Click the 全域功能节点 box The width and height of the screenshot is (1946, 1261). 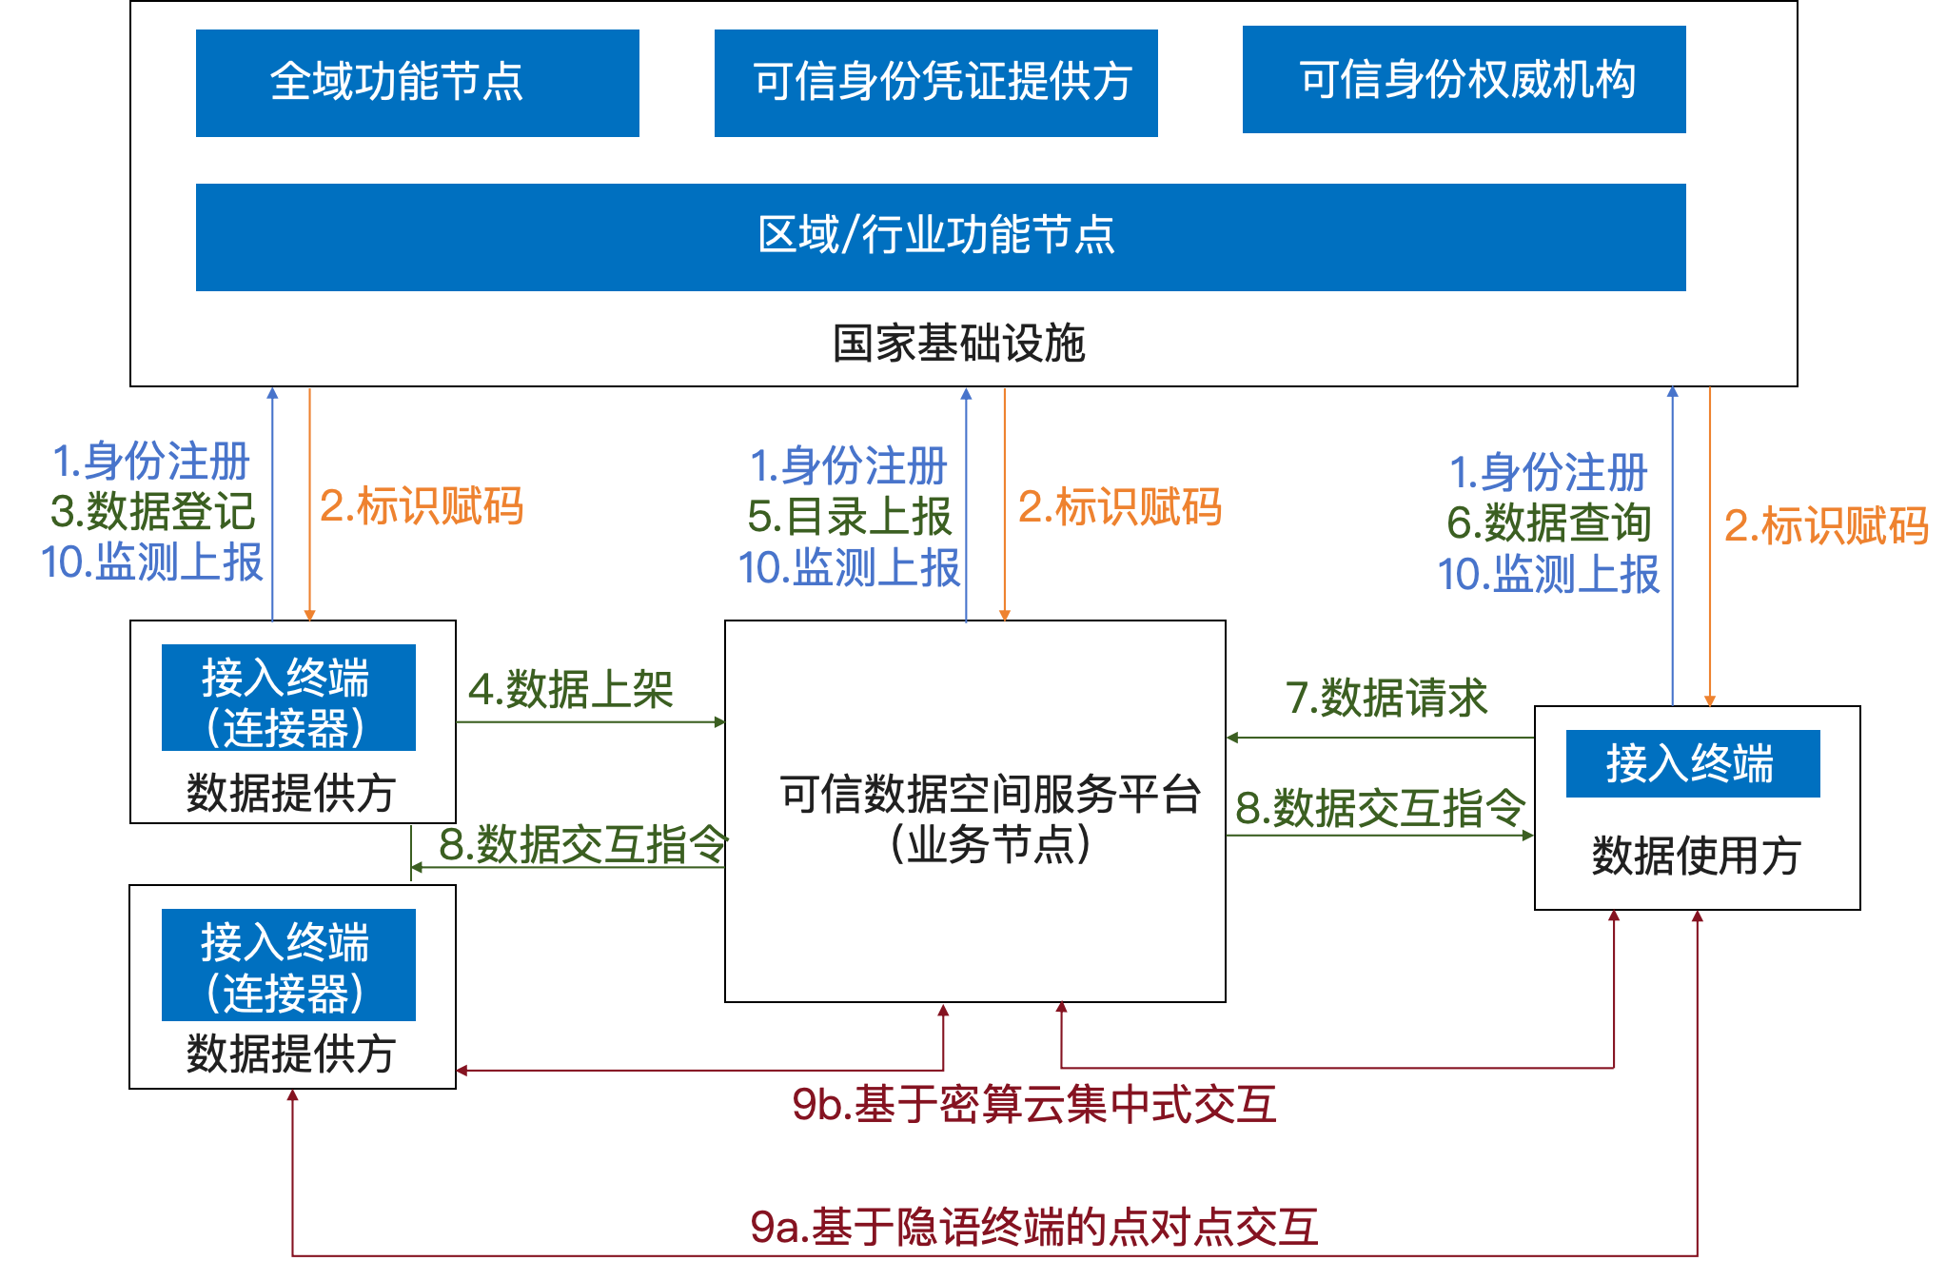(x=417, y=83)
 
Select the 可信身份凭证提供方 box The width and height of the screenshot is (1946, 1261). (x=935, y=83)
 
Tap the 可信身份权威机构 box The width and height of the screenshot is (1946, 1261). (x=1464, y=80)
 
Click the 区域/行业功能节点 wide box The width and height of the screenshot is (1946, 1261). (x=940, y=237)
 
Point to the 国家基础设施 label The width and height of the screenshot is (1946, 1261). (x=958, y=344)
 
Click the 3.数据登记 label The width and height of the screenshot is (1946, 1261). (x=153, y=511)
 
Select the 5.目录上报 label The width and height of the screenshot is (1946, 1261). (x=850, y=517)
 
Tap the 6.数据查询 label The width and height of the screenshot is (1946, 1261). (x=1548, y=522)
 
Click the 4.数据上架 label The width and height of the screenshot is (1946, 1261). (x=571, y=690)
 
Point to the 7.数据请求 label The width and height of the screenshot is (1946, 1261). (x=1386, y=698)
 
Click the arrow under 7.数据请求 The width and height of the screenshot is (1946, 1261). (x=1380, y=738)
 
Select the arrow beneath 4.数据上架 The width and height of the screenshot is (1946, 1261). (x=590, y=722)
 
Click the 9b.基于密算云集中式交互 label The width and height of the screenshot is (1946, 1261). (x=1034, y=1105)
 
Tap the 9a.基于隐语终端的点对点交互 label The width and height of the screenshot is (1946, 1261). (x=1034, y=1227)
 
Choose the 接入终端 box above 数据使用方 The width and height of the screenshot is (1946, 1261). (x=1692, y=763)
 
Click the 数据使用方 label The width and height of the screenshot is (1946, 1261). (x=1696, y=855)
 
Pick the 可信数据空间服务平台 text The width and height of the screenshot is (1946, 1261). (x=991, y=794)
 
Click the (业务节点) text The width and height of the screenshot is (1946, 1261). (x=991, y=844)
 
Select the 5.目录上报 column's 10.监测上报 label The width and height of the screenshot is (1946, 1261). (x=849, y=567)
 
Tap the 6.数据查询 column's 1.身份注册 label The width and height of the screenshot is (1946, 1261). (x=1548, y=472)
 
